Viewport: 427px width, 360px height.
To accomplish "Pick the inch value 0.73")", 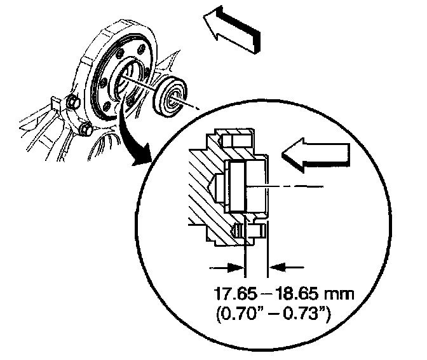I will tap(308, 315).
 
